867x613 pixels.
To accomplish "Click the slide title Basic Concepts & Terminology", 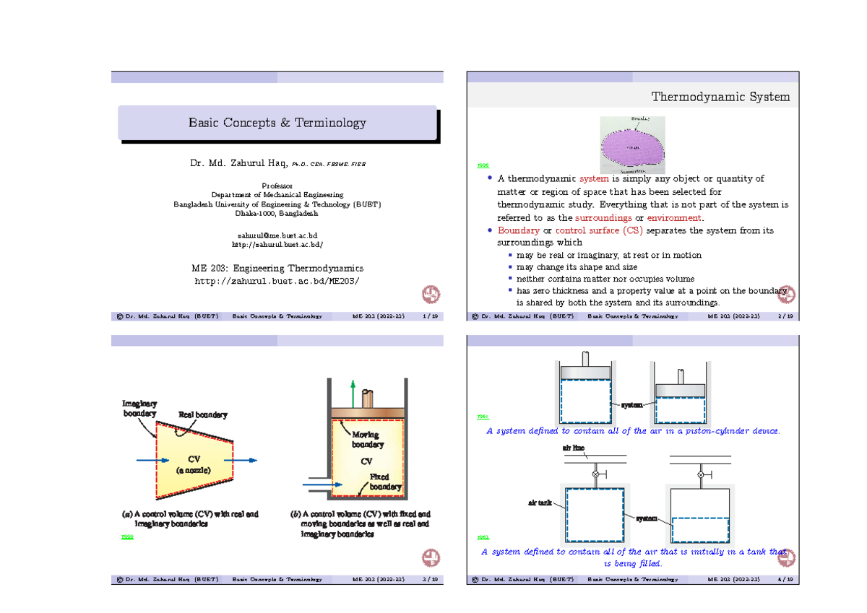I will click(277, 123).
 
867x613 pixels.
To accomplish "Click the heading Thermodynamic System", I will click(720, 97).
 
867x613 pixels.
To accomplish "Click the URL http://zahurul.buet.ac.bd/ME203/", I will click(277, 280).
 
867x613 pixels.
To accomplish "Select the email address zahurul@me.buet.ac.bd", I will click(277, 235).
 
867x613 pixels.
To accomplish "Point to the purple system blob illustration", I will click(634, 144).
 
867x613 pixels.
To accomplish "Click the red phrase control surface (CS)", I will click(599, 230).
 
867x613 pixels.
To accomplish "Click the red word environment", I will click(673, 218).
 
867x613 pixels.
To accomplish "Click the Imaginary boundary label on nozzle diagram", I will click(139, 409).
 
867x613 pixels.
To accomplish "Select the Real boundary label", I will click(203, 414).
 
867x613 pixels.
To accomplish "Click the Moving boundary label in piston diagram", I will click(368, 440).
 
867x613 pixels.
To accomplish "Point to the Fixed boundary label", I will click(384, 482).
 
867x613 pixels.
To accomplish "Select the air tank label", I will click(540, 501).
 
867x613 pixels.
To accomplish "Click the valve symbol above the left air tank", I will click(595, 474).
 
